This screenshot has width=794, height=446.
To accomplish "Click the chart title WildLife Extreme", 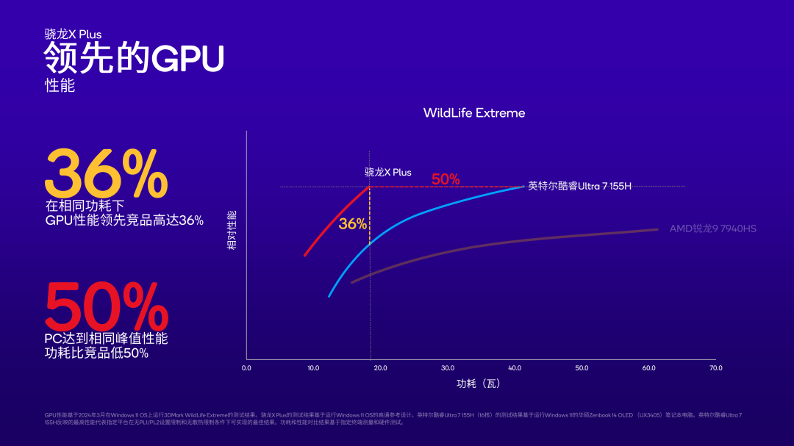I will click(x=474, y=112).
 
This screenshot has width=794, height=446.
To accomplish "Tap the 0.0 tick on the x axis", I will click(x=246, y=368).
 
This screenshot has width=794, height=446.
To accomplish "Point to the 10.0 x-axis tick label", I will click(x=313, y=368).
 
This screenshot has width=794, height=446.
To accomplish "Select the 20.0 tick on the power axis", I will click(x=380, y=368).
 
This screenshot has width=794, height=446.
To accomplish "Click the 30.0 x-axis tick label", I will click(x=447, y=368).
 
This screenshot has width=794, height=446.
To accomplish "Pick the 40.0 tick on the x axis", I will click(x=515, y=368).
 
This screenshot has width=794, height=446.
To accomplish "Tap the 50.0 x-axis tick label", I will click(x=582, y=368).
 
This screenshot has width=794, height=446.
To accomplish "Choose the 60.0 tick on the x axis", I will click(x=648, y=368).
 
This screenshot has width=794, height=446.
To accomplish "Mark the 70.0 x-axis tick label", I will click(x=715, y=368).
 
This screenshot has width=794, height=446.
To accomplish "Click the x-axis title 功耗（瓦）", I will click(x=479, y=384).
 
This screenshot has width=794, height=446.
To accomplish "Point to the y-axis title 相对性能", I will click(x=232, y=230).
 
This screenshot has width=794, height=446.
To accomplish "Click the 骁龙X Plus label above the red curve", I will click(x=388, y=172).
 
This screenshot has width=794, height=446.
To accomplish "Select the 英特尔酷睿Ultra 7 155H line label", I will click(x=580, y=187).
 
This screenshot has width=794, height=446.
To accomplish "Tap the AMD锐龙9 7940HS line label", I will click(x=712, y=229).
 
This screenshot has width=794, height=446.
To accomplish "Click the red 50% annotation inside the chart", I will click(x=446, y=179).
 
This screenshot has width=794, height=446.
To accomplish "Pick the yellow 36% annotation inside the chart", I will click(x=352, y=224).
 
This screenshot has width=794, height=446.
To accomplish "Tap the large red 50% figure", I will click(x=107, y=307).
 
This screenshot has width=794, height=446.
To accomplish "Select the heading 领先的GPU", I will click(x=133, y=58).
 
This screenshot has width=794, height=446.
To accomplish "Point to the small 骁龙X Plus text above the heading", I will click(x=73, y=34).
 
